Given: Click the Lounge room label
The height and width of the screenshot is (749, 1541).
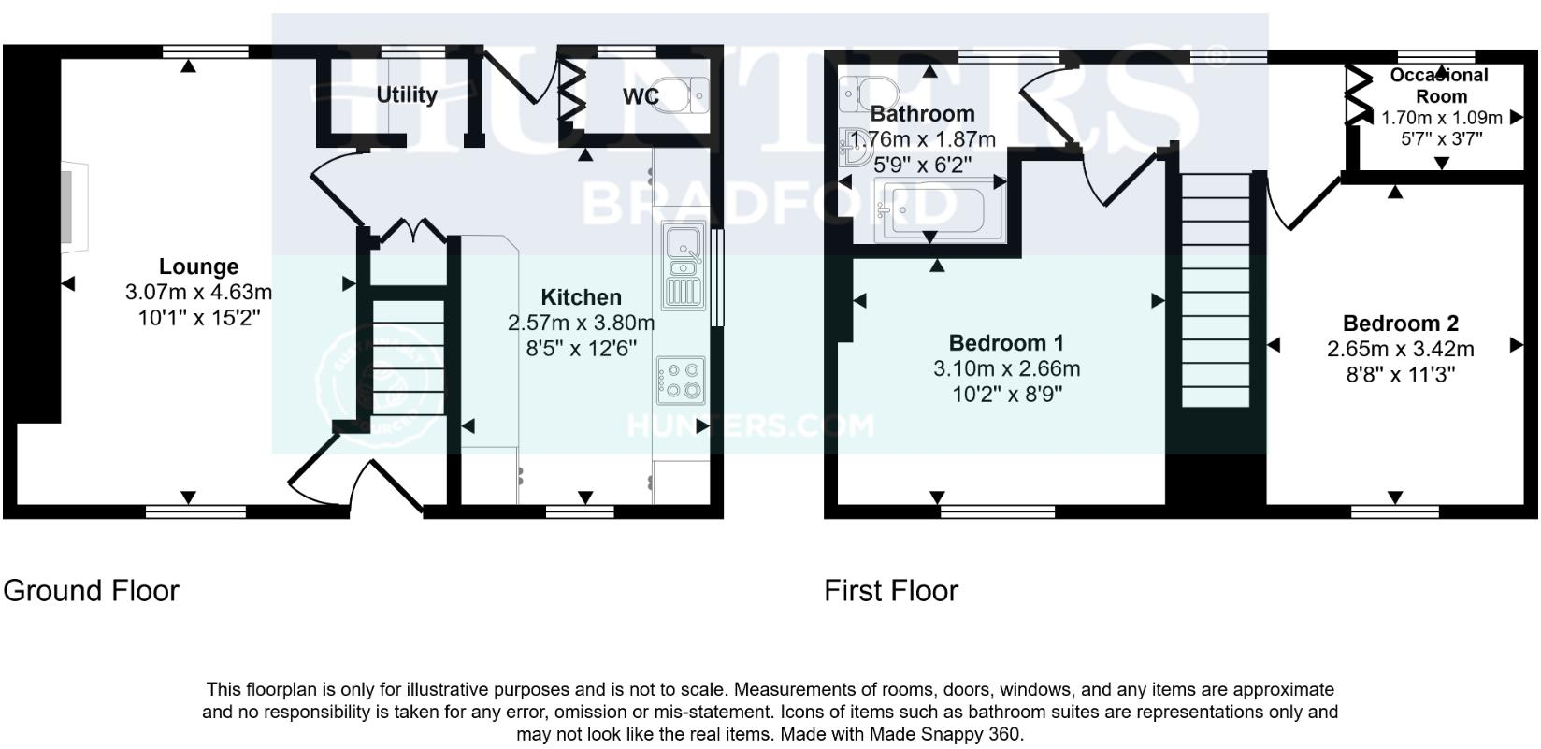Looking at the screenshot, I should coord(198,266).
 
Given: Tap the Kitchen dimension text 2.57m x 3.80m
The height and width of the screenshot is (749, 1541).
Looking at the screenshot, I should coord(581,324).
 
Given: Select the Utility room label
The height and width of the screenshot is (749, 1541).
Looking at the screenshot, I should coord(407,94).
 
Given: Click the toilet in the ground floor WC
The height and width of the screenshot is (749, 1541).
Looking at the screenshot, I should coord(683,94).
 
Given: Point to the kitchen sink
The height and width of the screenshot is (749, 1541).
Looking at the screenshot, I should coord(684,266).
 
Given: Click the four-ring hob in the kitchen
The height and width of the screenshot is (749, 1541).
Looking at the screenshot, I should coord(681,380).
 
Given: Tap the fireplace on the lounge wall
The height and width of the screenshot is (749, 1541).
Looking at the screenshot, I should coord(73,207).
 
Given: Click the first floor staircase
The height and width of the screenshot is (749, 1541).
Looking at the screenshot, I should coord(1216,289).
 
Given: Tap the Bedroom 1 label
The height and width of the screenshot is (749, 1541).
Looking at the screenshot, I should coord(1006,343).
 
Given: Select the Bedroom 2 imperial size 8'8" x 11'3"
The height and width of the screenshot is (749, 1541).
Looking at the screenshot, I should coord(1400,375).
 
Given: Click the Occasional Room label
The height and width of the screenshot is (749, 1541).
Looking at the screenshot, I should coord(1440,86).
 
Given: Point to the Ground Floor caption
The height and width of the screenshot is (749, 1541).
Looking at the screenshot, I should coord(91,591).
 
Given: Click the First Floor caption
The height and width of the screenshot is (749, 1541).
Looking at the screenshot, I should coord(890,591).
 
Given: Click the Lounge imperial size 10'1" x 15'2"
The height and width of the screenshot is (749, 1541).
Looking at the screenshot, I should coord(198,318).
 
